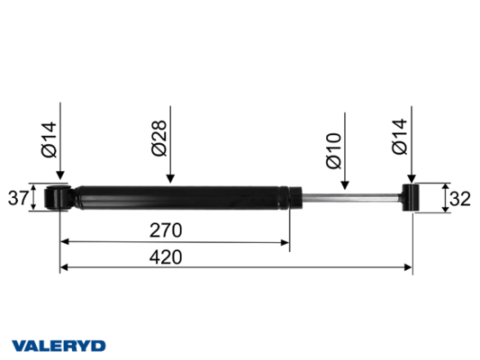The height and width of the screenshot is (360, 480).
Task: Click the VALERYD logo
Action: pos(59,346)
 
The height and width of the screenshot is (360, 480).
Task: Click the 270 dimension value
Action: pos(166,230)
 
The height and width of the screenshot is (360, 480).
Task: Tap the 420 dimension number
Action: pos(166,257)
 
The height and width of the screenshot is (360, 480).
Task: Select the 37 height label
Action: pos(18,198)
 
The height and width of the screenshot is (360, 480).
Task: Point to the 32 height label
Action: pos(460,199)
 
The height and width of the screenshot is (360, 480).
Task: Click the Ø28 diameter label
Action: pos(159,138)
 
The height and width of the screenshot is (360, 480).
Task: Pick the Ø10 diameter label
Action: pos(334,150)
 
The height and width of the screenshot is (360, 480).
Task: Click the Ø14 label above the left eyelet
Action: pos(49,139)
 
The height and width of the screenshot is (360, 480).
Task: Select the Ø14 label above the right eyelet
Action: pos(400,137)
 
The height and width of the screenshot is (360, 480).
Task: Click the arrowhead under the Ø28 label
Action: pos(170,178)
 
